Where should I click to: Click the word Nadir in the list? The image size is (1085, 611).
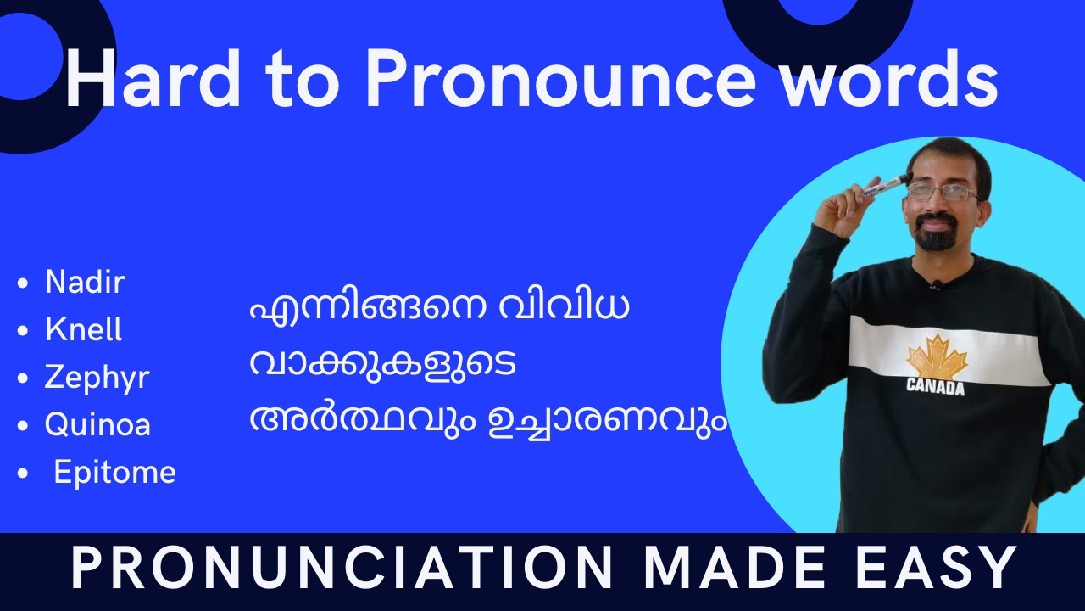tap(85, 283)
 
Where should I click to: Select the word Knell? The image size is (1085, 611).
tap(83, 330)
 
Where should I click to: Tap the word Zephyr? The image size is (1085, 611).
tap(97, 378)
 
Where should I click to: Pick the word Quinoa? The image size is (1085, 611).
tap(97, 424)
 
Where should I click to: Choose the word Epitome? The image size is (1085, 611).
tap(114, 472)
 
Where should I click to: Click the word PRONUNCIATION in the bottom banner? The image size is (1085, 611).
tap(341, 569)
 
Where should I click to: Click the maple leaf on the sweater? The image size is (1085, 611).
tap(936, 356)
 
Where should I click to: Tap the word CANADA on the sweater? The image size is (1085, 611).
tap(936, 388)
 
